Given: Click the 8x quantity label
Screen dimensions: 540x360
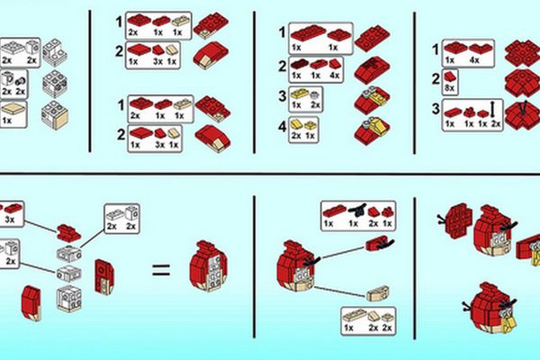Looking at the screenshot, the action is point(449,88).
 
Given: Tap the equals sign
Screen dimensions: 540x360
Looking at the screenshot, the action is point(161,270).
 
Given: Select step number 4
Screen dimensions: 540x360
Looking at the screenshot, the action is point(283,127).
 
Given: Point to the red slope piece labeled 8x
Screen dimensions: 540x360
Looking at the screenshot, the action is point(449,76).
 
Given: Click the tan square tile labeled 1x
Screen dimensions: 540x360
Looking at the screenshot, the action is point(13,110).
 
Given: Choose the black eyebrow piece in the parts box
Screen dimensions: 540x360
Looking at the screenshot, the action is point(357,209).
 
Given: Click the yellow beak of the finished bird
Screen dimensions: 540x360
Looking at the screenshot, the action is point(508,323).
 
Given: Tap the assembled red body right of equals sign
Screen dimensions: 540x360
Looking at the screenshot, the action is point(208,266).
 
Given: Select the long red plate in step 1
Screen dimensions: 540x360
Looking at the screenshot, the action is point(309,33).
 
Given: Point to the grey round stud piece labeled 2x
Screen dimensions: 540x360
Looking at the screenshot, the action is point(313,95).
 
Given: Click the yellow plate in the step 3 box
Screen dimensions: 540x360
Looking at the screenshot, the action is point(299,94).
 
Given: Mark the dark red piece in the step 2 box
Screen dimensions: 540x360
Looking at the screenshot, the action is point(299,63).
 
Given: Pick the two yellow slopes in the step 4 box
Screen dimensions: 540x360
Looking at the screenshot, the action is point(296,123).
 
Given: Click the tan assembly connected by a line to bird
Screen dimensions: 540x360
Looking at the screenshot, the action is point(377,293).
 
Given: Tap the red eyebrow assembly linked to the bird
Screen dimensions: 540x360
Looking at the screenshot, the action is point(380,243).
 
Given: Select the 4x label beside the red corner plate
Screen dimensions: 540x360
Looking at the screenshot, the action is point(474,60).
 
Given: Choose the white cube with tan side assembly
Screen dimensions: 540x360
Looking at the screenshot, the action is point(55,114).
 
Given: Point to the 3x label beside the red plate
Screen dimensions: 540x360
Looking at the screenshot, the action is point(10,219).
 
